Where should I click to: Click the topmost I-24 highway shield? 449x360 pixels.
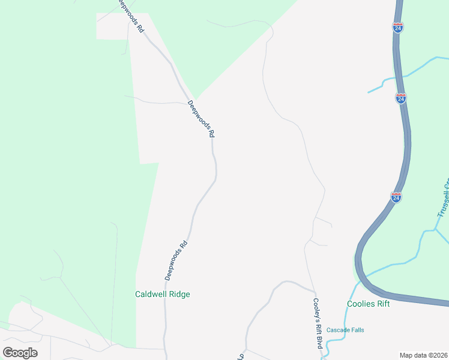click(x=398, y=27)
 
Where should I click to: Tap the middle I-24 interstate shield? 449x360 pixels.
click(x=401, y=98)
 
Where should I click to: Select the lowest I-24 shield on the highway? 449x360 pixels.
click(x=396, y=196)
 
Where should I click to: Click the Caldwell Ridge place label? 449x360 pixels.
click(x=162, y=295)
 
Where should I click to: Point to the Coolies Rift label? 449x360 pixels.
click(x=369, y=304)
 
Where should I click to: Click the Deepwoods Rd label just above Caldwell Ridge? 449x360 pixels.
click(x=176, y=261)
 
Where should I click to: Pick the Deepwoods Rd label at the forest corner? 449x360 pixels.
click(x=200, y=119)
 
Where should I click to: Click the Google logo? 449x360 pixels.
click(x=20, y=352)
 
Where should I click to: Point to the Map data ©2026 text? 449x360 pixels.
click(x=423, y=355)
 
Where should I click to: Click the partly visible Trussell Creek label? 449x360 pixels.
click(x=443, y=198)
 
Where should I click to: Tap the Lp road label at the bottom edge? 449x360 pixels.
click(x=241, y=356)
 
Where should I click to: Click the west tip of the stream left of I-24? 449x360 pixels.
click(x=369, y=92)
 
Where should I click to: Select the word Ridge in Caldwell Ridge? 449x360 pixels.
click(x=178, y=295)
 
